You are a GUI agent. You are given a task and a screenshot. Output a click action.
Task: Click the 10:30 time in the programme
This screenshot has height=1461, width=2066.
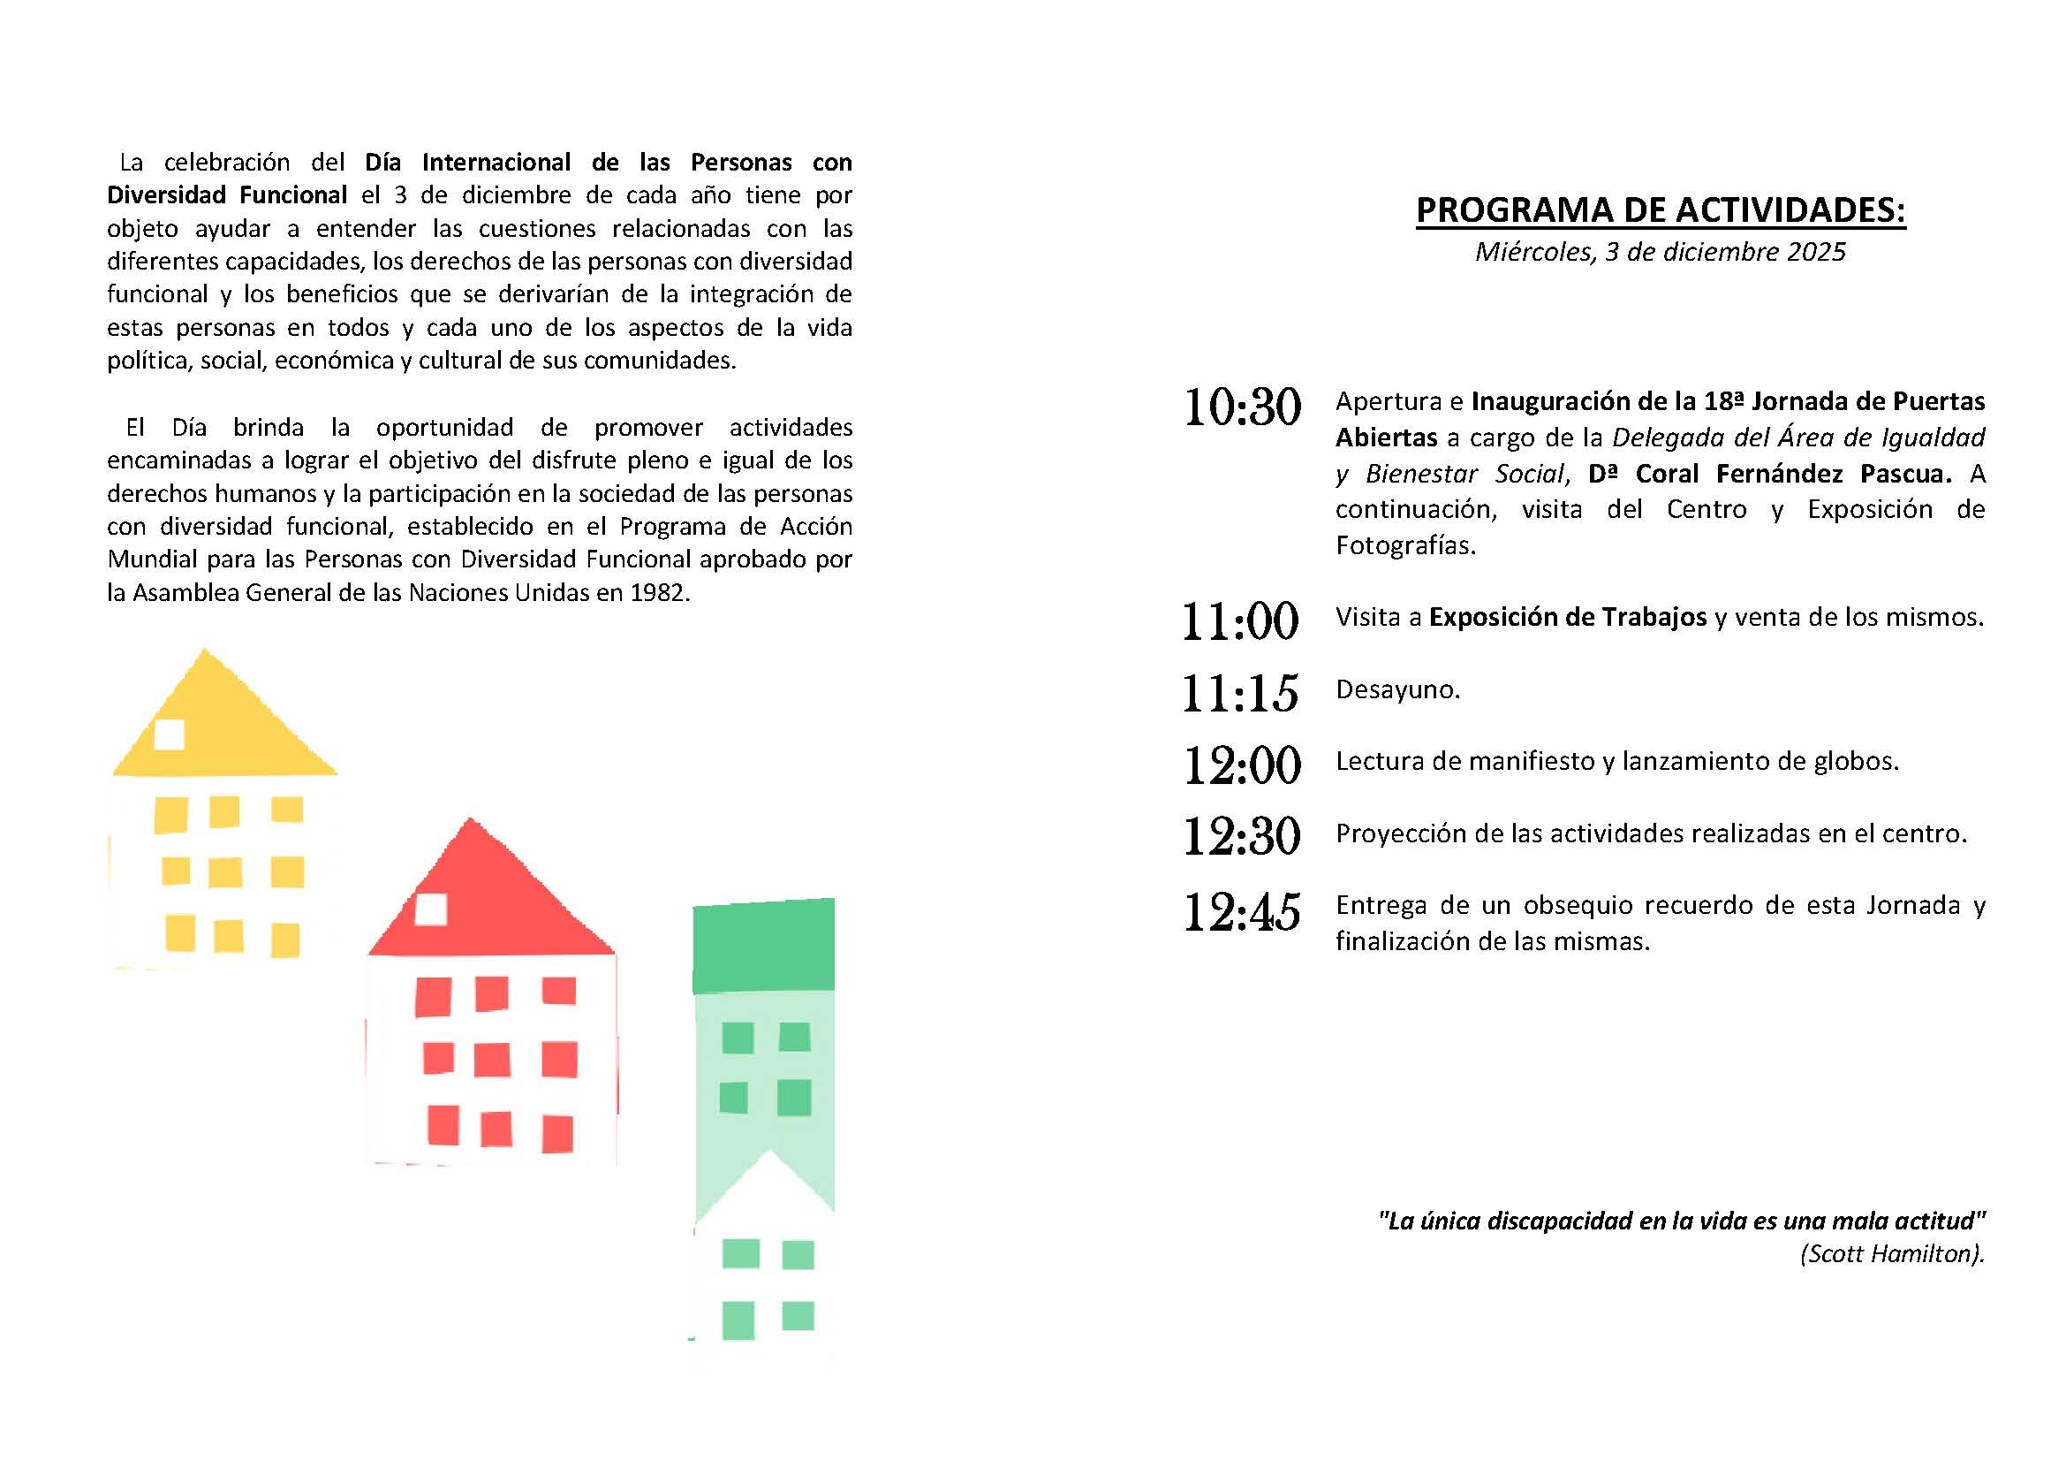[x=1242, y=407]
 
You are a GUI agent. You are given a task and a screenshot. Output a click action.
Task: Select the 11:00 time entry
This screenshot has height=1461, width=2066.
[x=1240, y=621]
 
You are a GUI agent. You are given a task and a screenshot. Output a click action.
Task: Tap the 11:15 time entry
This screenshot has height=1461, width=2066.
[x=1240, y=693]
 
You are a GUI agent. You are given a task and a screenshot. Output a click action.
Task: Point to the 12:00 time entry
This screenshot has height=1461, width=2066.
[x=1242, y=765]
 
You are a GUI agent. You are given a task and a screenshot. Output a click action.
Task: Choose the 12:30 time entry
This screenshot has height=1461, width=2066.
[x=1242, y=836]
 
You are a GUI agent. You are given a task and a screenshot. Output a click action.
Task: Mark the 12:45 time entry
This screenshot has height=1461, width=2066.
[x=1242, y=912]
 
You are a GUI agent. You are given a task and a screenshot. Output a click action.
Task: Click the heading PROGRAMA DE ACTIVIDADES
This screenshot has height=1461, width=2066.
[x=1661, y=209]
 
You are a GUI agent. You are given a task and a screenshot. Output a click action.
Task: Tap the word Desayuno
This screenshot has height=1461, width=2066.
[x=1397, y=689]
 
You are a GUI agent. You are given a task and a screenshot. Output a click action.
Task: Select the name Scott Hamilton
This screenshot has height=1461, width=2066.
[x=1890, y=1254]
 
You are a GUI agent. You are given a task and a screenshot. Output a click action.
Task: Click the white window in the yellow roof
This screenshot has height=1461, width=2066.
[x=170, y=734]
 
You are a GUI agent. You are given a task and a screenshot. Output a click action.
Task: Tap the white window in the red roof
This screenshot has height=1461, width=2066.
[x=430, y=909]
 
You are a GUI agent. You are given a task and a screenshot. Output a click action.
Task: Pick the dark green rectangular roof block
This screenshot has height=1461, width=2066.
[x=763, y=945]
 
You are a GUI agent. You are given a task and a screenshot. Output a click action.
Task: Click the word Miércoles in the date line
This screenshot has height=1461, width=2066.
[x=1532, y=252]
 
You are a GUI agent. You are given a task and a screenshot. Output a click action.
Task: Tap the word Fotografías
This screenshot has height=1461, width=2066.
[x=1404, y=545]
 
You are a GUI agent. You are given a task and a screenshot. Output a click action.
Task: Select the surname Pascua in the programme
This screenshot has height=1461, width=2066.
[x=1905, y=474]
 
